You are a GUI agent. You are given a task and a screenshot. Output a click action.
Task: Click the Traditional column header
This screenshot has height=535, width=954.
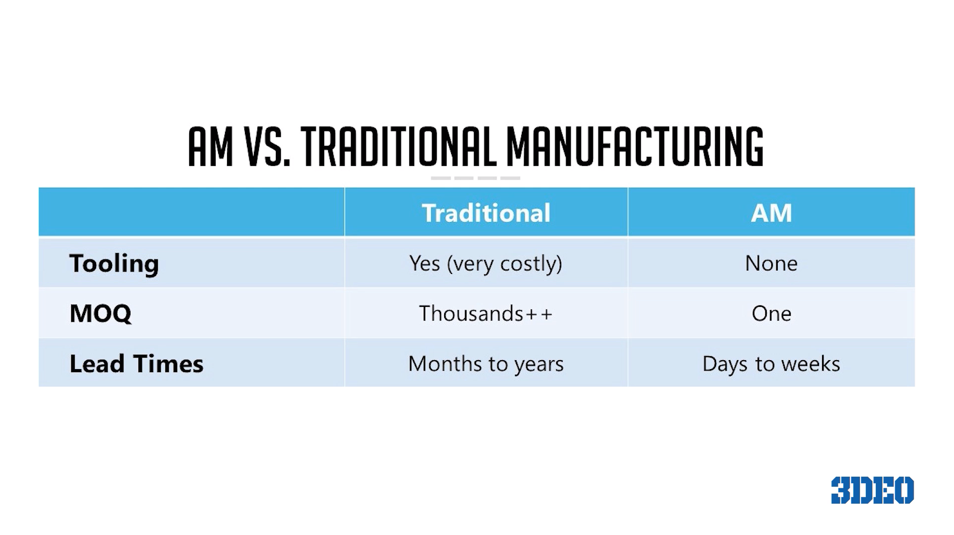coord(486,213)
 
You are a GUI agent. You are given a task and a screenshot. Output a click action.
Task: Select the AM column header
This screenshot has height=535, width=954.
coord(771,213)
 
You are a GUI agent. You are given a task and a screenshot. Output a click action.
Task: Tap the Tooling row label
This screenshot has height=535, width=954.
coord(114,264)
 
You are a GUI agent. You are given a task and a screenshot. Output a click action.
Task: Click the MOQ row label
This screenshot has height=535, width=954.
coord(101,314)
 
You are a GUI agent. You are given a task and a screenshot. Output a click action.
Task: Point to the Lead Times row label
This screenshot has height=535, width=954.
coord(136,364)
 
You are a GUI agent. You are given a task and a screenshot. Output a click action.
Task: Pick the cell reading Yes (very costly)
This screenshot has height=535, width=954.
coord(486,264)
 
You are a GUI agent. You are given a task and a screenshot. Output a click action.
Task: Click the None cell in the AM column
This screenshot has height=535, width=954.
coord(771,263)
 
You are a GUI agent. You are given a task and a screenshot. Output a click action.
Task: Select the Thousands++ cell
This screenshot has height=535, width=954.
coord(486,313)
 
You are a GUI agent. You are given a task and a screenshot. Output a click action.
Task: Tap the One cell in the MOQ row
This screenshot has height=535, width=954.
coord(771,313)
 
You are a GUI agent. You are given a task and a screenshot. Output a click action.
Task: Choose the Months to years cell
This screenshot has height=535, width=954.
coord(486,364)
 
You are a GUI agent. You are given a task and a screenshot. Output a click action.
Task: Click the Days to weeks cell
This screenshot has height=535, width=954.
coord(771,364)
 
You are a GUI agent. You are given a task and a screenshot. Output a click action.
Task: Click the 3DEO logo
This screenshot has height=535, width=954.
coord(872,490)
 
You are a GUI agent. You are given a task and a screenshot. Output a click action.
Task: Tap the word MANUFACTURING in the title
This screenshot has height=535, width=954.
coord(635,146)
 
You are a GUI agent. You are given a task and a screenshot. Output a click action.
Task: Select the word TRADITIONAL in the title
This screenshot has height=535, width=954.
coord(399,146)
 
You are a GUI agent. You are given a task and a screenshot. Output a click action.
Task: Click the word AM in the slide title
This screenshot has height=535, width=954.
coord(211,146)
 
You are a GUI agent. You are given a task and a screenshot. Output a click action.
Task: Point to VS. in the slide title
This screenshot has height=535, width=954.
coord(267,146)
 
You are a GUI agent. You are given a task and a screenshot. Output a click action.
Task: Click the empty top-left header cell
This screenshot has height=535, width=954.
coord(191,212)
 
